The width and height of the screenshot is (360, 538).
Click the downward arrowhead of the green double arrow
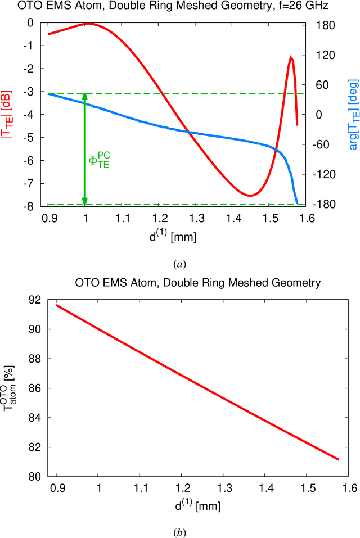[85, 201]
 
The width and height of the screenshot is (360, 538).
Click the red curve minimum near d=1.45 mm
[250, 195]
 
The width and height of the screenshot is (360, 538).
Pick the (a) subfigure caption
[179, 264]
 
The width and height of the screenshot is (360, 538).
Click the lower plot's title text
[197, 283]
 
